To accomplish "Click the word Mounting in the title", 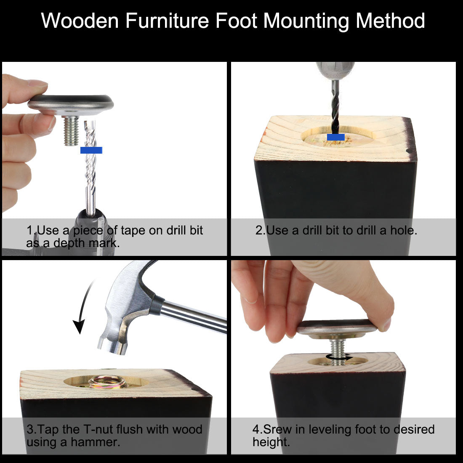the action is [306, 21].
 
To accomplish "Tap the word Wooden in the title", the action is [80, 21].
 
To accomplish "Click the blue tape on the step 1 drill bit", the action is [91, 150].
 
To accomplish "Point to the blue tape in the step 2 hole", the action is [336, 137].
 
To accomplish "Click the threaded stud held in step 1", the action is [71, 131].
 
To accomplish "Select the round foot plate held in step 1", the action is [71, 104].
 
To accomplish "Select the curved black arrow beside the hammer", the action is [82, 307].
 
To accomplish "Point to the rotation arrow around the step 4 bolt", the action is [339, 358].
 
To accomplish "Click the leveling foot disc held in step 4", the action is [336, 328].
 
